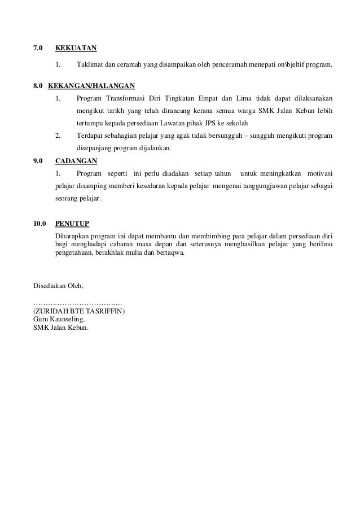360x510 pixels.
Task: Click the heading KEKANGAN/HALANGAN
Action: (91, 86)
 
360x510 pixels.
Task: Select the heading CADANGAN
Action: (76, 161)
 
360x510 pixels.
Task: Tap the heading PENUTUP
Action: (72, 224)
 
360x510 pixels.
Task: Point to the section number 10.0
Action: (41, 224)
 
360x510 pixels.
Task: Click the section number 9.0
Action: (39, 161)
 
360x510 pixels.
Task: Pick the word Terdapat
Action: (90, 136)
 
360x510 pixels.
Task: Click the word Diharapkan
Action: (73, 234)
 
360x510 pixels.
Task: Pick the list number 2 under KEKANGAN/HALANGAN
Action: (58, 136)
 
